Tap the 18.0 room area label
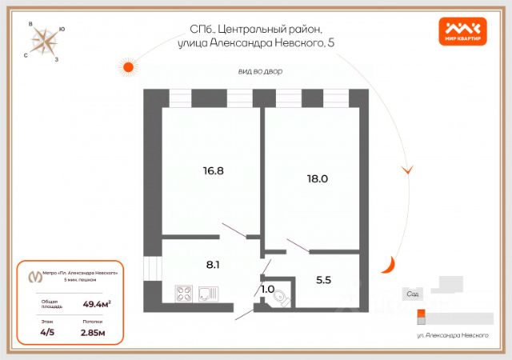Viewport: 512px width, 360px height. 318,178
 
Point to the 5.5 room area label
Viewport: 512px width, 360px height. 324,280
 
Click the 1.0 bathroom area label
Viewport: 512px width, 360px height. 267,289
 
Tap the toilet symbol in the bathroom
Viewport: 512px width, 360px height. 278,298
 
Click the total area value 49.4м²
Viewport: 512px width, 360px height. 96,303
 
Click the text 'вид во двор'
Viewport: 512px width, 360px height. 260,71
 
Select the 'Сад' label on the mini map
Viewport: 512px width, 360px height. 413,294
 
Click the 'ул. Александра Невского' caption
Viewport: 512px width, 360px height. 453,336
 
